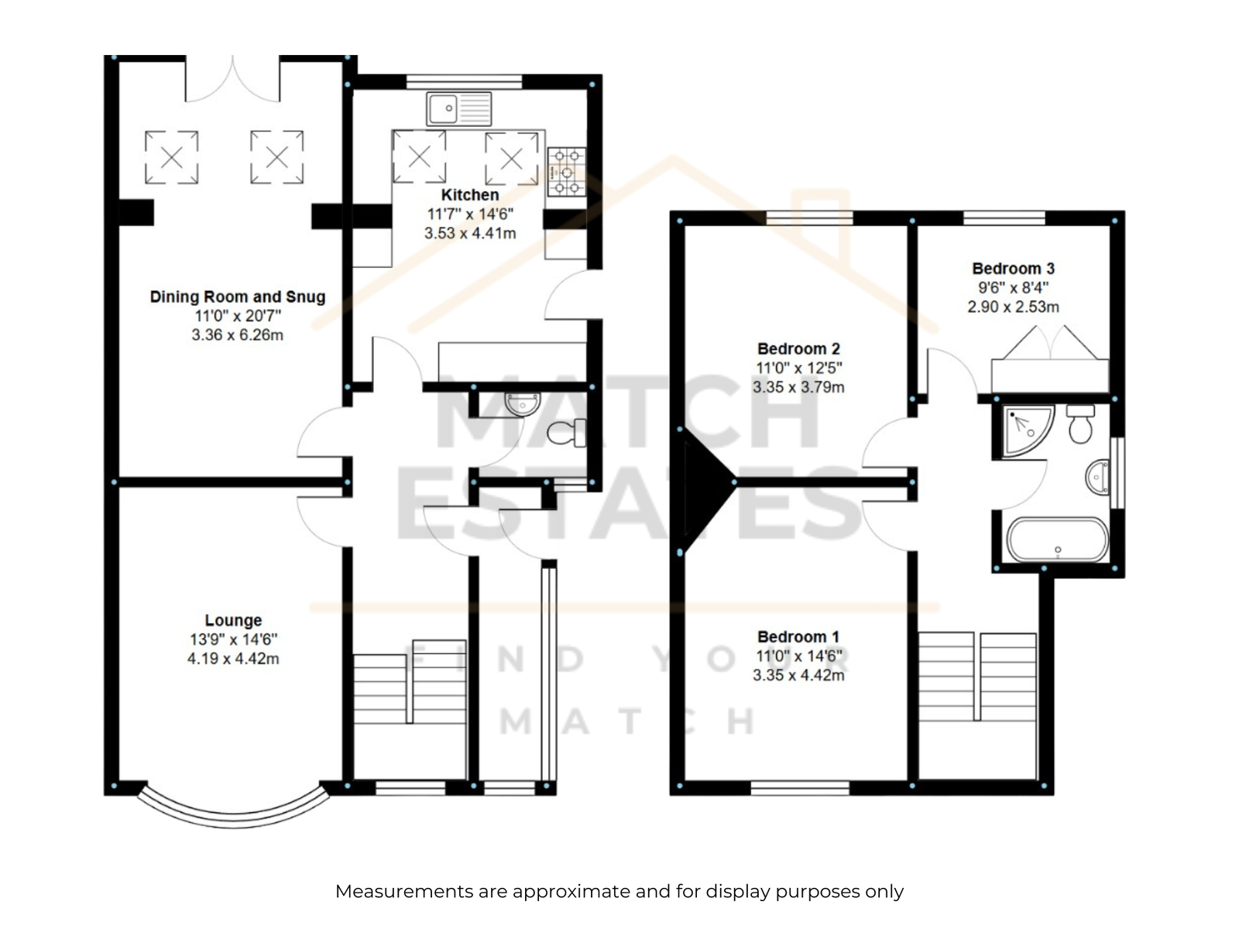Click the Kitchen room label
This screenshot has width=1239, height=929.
tap(469, 194)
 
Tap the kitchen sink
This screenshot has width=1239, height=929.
tap(458, 109)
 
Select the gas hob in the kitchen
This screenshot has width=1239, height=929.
tap(566, 171)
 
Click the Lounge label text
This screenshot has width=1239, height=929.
tap(233, 620)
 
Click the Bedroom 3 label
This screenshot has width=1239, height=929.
tap(1013, 269)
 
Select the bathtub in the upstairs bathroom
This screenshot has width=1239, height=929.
tap(1058, 540)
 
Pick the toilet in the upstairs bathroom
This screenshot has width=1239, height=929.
tap(1080, 423)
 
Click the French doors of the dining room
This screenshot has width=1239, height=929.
tap(232, 79)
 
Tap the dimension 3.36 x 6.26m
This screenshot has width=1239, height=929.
tap(237, 335)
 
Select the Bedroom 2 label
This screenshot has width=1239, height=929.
tap(798, 348)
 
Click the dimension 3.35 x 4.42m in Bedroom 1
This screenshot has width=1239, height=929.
tap(798, 675)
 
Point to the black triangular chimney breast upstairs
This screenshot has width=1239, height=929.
tap(705, 482)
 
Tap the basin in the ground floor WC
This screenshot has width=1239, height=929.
tap(523, 403)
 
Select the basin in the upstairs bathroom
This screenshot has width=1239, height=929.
tap(1097, 477)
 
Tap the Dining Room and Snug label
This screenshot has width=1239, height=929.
tap(238, 297)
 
